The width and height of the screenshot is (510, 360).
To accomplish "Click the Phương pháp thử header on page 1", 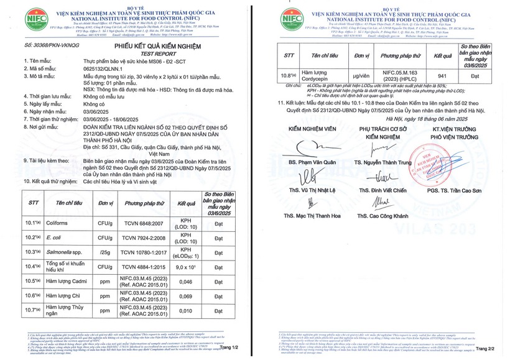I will [144, 203].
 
